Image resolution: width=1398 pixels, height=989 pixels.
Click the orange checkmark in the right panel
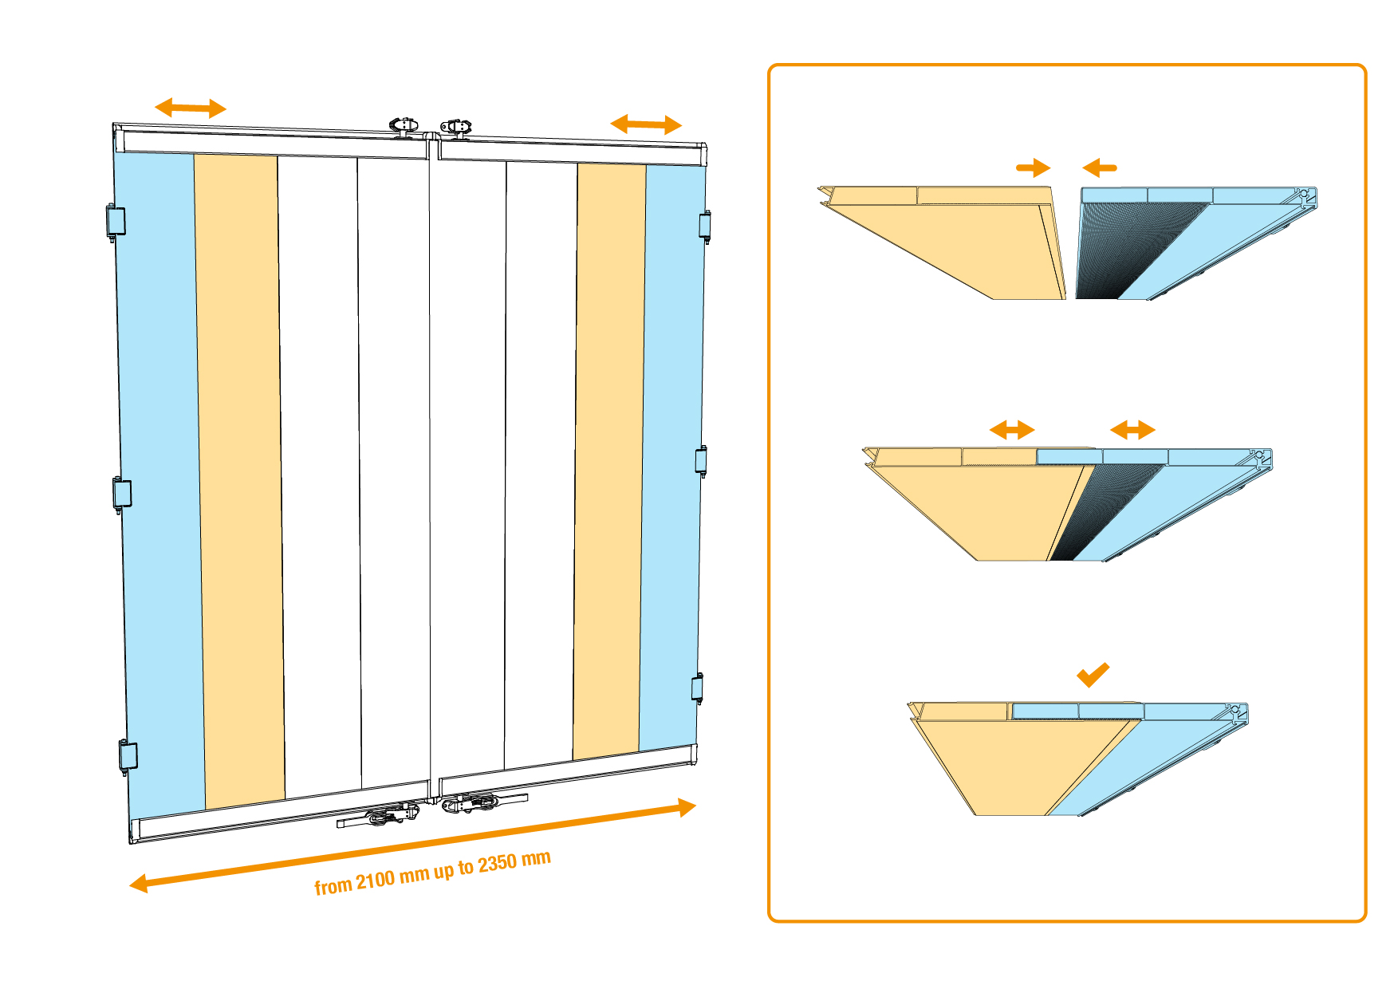(x=1093, y=675)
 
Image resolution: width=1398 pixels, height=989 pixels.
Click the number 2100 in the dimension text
(x=375, y=880)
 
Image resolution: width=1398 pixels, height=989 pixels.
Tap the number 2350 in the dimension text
(x=497, y=863)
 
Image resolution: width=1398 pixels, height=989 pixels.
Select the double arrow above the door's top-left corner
(x=191, y=108)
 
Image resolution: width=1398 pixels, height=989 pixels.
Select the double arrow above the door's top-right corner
(x=646, y=124)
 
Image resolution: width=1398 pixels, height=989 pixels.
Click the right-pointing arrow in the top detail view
(x=1034, y=167)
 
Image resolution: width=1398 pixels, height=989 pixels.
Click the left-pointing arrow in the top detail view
(x=1100, y=167)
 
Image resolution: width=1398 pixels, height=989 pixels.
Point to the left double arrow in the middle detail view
(x=1012, y=430)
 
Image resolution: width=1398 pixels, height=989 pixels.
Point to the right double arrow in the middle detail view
(x=1132, y=430)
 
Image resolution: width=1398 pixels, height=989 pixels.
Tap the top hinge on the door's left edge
(x=116, y=221)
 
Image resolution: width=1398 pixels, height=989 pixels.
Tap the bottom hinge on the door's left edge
(x=128, y=755)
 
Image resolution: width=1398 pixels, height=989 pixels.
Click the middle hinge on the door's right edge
(x=701, y=460)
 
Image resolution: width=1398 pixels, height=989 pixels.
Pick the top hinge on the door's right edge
(x=704, y=225)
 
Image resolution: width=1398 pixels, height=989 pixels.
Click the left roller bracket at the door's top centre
(x=404, y=125)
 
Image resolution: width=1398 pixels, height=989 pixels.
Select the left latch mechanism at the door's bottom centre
(x=383, y=815)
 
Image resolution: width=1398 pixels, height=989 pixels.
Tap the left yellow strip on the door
(x=239, y=479)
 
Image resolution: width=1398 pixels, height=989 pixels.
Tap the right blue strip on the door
(x=672, y=455)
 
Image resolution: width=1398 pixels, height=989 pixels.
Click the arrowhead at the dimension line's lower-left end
(x=140, y=884)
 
